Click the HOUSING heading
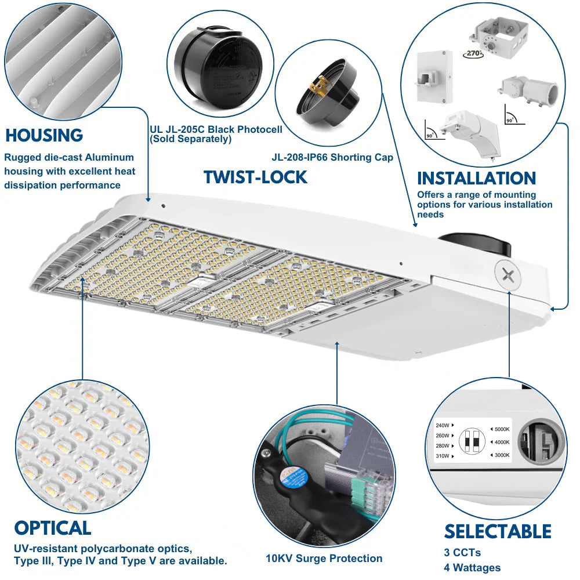[x=44, y=136]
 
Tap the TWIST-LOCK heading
[x=255, y=177]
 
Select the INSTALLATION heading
[x=476, y=178]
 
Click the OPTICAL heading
[x=53, y=528]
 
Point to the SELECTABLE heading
[x=498, y=531]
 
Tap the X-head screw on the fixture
[x=509, y=275]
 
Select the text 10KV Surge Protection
[x=324, y=559]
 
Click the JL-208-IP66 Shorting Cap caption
[x=332, y=157]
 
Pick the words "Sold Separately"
[x=191, y=139]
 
